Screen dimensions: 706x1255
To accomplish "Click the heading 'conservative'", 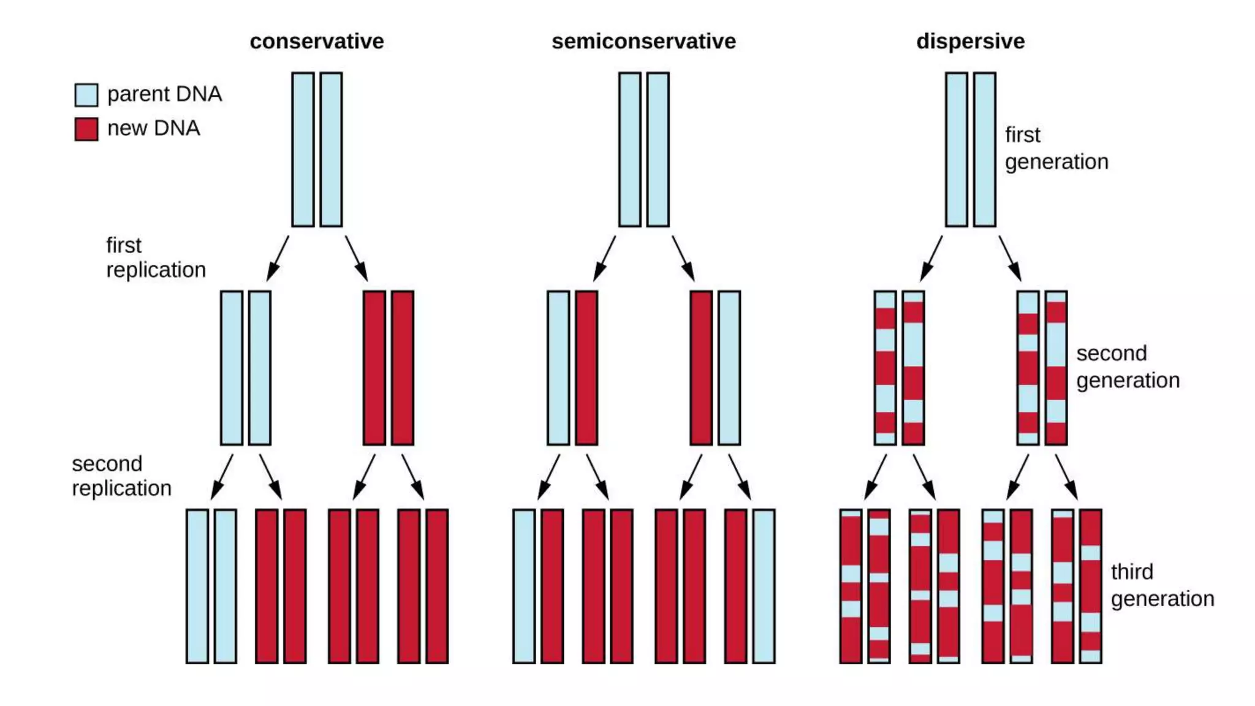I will click(316, 41).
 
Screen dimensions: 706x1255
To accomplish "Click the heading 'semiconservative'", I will click(643, 41).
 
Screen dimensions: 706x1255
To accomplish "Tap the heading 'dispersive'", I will click(970, 41).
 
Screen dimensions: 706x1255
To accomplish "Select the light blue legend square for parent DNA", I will click(86, 95).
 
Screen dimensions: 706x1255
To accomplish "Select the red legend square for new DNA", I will click(86, 129).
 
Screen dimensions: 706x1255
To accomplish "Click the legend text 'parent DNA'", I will click(164, 94).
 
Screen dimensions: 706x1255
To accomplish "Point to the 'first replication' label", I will click(155, 257).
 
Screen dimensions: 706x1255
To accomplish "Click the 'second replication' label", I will click(121, 476).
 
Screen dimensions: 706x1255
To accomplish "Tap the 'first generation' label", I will click(1056, 148).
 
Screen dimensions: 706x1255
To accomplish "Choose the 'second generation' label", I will click(1128, 366).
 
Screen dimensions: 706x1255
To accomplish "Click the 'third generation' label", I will click(1162, 585).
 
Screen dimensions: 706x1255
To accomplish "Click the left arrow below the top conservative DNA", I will click(278, 258).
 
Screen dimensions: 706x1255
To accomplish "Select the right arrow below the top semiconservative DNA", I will click(683, 258).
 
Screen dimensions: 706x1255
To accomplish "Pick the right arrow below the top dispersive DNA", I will click(1009, 258).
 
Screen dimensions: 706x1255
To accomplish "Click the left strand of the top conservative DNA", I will click(303, 150).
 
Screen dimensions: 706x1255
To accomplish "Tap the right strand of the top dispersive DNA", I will click(984, 150).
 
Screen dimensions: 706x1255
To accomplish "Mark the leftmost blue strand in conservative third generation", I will click(197, 586).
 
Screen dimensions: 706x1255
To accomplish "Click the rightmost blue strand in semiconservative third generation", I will click(764, 586).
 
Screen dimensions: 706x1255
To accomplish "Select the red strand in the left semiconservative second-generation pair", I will click(586, 368).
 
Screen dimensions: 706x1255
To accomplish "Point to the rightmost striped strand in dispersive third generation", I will click(1090, 586).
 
